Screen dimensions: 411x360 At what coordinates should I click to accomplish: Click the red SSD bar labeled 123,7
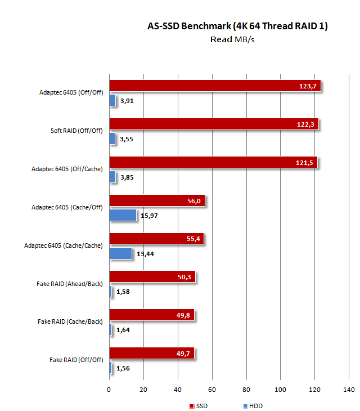pyautogui.click(x=215, y=86)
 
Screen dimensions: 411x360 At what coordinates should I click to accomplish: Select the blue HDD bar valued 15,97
pyautogui.click(x=123, y=215)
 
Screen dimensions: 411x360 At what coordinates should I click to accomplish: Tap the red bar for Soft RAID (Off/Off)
pyautogui.click(x=214, y=124)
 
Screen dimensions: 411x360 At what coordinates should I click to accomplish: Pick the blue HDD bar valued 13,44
pyautogui.click(x=120, y=253)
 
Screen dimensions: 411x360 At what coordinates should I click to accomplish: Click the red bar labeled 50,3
pyautogui.click(x=152, y=276)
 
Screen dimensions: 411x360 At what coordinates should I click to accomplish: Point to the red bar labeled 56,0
pyautogui.click(x=158, y=200)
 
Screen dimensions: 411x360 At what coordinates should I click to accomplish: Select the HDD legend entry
pyautogui.click(x=253, y=405)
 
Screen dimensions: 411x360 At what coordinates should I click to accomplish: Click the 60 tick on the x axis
pyautogui.click(x=212, y=390)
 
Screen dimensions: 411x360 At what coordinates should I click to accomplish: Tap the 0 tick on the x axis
pyautogui.click(x=109, y=390)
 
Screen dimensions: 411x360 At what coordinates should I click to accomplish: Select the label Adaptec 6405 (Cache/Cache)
pyautogui.click(x=64, y=246)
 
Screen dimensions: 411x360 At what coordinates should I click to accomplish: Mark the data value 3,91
pyautogui.click(x=127, y=101)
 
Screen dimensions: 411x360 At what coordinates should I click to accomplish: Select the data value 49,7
pyautogui.click(x=183, y=353)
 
